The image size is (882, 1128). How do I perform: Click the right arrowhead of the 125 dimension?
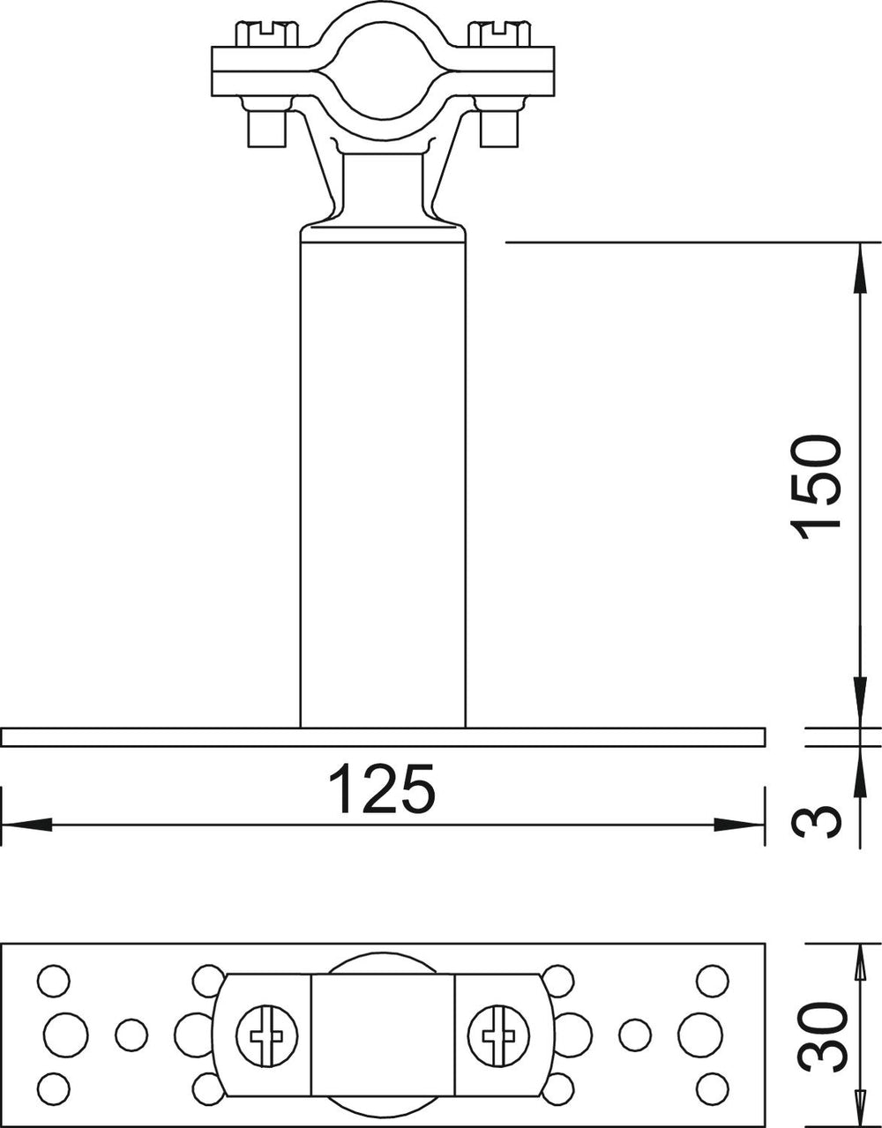coord(739,825)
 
